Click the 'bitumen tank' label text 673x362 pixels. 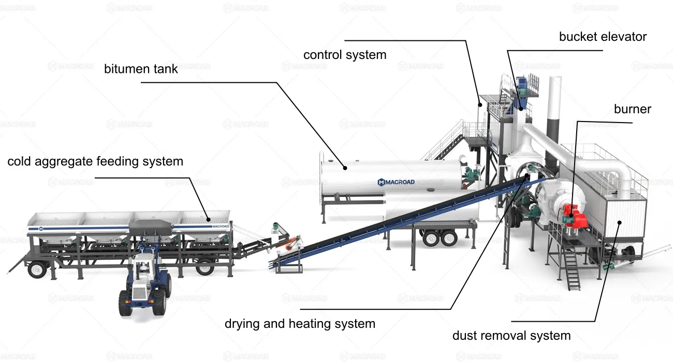click(x=141, y=69)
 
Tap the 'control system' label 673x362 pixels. click(x=345, y=55)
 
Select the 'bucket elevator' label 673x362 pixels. click(x=603, y=37)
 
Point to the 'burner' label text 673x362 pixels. click(x=632, y=109)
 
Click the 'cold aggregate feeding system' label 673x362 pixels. click(x=95, y=161)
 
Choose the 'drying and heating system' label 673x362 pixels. click(x=300, y=324)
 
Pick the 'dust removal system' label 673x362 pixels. click(x=511, y=336)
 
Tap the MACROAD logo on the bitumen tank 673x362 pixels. click(x=396, y=182)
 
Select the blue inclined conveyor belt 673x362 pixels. click(x=393, y=218)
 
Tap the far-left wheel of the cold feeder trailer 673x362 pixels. click(x=37, y=269)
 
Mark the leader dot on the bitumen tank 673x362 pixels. click(x=344, y=168)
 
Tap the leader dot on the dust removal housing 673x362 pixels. click(x=619, y=222)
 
